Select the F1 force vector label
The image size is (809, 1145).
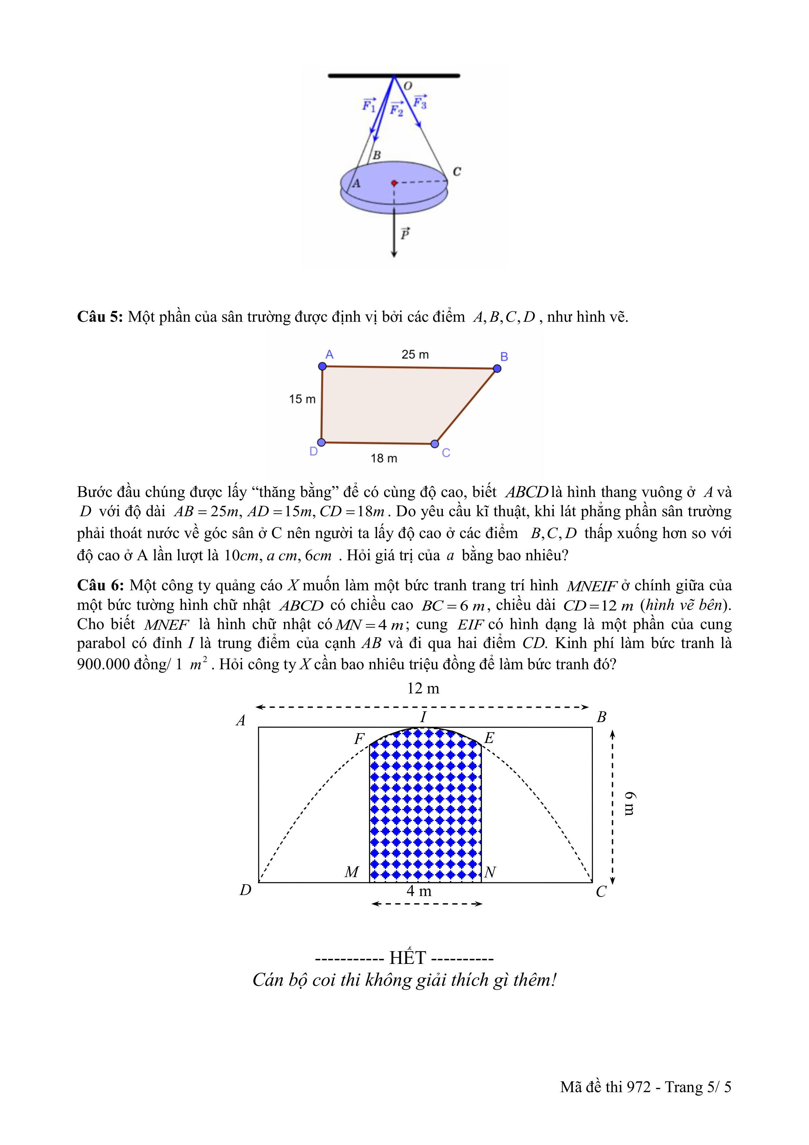click(x=369, y=105)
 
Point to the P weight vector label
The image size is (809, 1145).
click(x=405, y=233)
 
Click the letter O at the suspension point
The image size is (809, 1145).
click(x=408, y=86)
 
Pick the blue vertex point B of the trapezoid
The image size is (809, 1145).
click(x=497, y=368)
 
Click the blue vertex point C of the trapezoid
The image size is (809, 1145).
click(x=435, y=444)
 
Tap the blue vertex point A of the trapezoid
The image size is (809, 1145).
click(x=322, y=366)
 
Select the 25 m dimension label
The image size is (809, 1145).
click(x=415, y=355)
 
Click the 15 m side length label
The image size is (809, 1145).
click(x=302, y=399)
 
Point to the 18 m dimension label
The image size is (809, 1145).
click(x=384, y=458)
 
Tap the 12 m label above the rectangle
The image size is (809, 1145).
click(x=423, y=689)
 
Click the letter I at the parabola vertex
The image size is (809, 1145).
click(x=423, y=717)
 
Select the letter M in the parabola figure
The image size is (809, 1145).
click(x=352, y=872)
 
